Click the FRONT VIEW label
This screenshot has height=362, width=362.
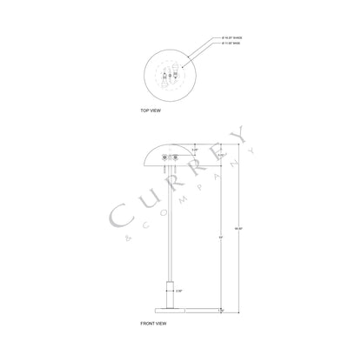154,322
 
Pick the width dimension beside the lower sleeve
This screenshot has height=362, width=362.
179,289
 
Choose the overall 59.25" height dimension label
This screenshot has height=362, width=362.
236,228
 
